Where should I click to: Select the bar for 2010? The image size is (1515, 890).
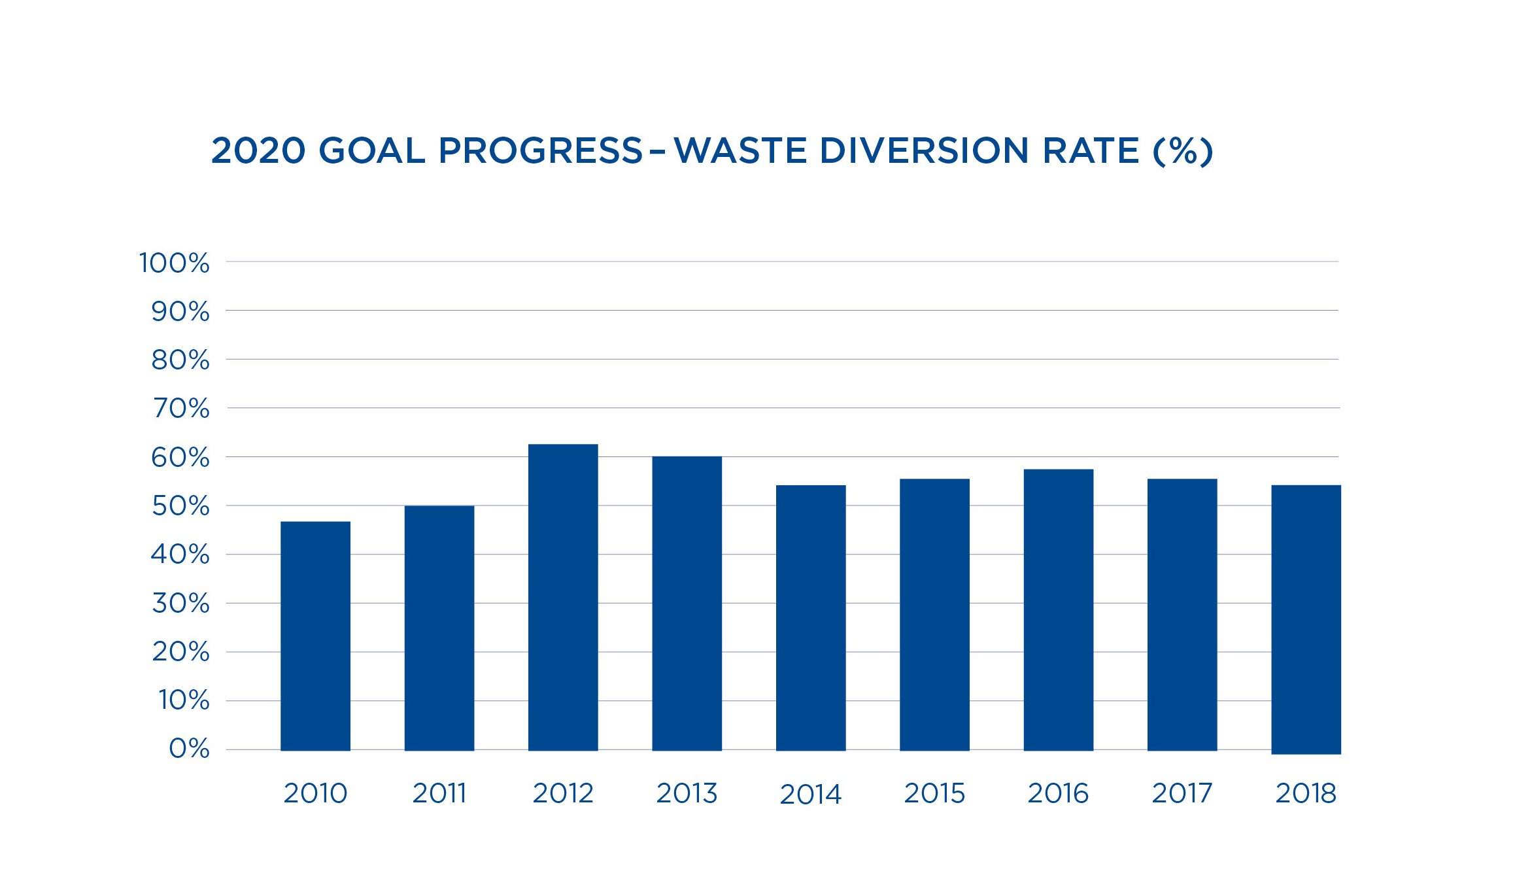tap(315, 636)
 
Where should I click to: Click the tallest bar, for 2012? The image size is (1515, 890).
tap(563, 597)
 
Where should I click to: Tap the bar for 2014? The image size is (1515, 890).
tap(811, 617)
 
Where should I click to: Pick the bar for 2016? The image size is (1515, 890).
tap(1058, 609)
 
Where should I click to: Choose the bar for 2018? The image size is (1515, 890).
tap(1306, 619)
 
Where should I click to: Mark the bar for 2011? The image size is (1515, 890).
tap(439, 628)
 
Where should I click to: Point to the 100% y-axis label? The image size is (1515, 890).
tap(175, 263)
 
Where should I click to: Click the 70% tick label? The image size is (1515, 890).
tap(181, 409)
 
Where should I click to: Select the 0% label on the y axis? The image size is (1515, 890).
tap(190, 749)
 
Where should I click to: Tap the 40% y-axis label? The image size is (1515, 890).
tap(180, 555)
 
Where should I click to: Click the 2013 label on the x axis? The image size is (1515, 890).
tap(687, 793)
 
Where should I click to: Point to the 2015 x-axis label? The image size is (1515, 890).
tap(934, 793)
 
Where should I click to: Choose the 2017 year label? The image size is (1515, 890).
tap(1182, 793)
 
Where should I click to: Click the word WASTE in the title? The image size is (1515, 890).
tap(740, 151)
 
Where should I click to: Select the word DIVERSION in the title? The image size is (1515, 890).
tap(924, 151)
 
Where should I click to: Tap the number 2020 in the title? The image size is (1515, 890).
tap(258, 151)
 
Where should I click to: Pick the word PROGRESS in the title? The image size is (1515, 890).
tap(541, 151)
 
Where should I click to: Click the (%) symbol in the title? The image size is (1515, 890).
tap(1183, 151)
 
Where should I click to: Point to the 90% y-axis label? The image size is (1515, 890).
tap(180, 312)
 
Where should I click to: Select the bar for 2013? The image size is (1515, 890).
tap(687, 603)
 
